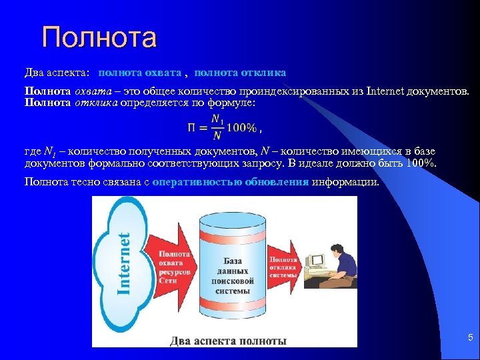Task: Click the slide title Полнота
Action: [x=99, y=37]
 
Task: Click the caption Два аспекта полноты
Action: [x=228, y=341]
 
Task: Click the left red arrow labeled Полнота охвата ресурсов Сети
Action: [x=175, y=267]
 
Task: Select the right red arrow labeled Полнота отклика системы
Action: [x=285, y=267]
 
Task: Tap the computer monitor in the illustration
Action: [x=315, y=261]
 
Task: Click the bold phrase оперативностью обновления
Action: [x=230, y=182]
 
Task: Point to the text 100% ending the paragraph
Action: [x=420, y=162]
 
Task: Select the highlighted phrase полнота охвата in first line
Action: [x=139, y=72]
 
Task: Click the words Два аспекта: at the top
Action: [x=57, y=72]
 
